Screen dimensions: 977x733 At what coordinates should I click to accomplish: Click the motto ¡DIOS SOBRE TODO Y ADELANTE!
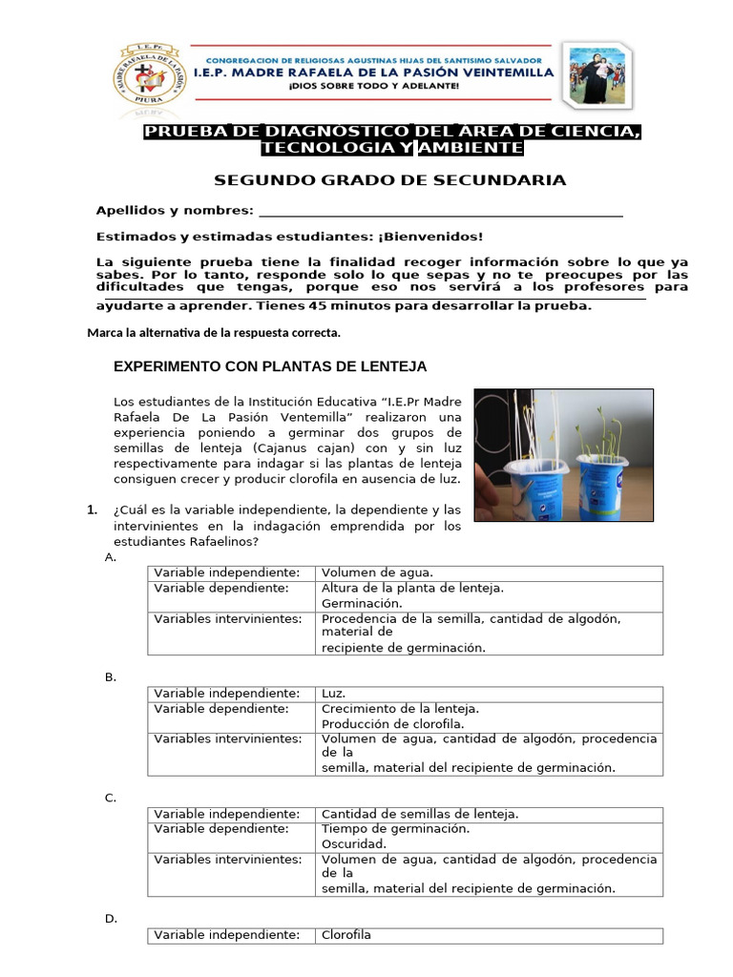[373, 86]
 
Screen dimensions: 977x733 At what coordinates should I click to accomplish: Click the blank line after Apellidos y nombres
[440, 212]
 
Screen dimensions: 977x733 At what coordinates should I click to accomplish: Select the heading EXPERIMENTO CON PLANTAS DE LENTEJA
[270, 366]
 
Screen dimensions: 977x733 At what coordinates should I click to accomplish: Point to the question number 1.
[92, 509]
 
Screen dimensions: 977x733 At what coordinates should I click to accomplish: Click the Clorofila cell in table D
[346, 935]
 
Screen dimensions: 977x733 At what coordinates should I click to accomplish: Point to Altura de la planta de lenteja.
[412, 588]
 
